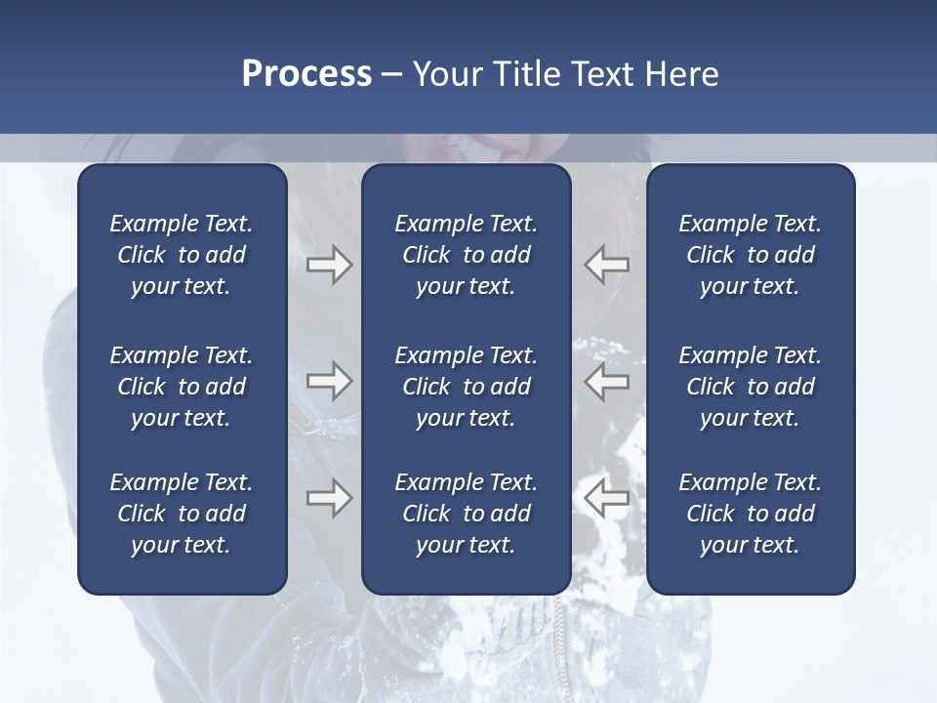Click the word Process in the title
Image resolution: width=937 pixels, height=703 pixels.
click(x=306, y=74)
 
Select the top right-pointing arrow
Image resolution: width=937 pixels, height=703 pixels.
click(x=329, y=265)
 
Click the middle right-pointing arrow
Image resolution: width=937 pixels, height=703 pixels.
click(x=329, y=381)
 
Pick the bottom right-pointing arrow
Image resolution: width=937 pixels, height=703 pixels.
click(x=329, y=498)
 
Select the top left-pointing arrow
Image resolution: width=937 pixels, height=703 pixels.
click(x=607, y=265)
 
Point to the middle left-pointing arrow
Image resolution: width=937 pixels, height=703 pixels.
click(x=607, y=381)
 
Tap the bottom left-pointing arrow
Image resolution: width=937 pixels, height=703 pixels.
click(x=607, y=498)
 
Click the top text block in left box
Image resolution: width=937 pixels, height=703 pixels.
click(x=182, y=255)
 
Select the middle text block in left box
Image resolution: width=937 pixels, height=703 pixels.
click(x=182, y=387)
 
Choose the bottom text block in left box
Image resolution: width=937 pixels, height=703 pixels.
click(x=182, y=514)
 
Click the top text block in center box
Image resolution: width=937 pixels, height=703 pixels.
click(x=466, y=255)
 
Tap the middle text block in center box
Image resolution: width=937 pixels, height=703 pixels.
click(x=466, y=387)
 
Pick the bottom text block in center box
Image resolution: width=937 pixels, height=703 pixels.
click(x=466, y=514)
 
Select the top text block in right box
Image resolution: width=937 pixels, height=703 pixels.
click(x=750, y=255)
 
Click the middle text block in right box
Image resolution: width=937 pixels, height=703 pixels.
click(x=750, y=387)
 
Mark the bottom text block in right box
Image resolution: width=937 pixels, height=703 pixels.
click(x=750, y=514)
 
